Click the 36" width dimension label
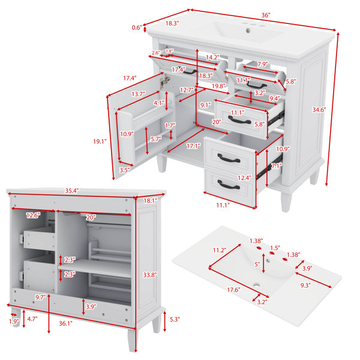coord(266,16)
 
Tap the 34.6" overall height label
coord(319,110)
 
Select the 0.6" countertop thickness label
coord(137,28)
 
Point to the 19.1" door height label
coord(100,142)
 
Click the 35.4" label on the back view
coord(72,191)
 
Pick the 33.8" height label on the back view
coord(150,275)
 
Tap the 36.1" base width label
coord(65,323)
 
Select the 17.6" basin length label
coord(234,290)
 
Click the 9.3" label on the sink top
coord(305,286)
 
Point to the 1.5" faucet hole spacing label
coord(275,248)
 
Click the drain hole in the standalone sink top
coord(256,286)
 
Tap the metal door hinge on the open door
coord(165,80)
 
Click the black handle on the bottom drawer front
coord(229,185)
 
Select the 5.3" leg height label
coord(175,319)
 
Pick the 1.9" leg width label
coord(14,322)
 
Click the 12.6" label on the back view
coord(33,215)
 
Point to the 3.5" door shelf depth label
coord(125,170)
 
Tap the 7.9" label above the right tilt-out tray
coord(262,64)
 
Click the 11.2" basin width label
coord(220,250)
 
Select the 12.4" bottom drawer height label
coord(244,178)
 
